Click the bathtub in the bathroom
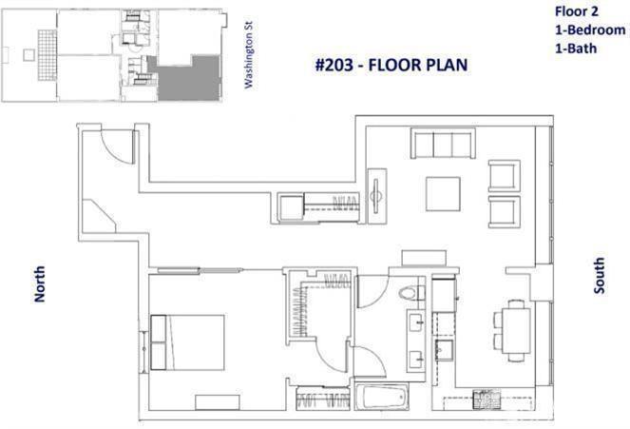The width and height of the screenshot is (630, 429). tap(382, 397)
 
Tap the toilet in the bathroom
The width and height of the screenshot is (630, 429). tap(409, 292)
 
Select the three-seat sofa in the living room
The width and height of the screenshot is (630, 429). tap(443, 143)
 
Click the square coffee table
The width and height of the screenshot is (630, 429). tap(443, 194)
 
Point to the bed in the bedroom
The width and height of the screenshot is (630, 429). tap(187, 342)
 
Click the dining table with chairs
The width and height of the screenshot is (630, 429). tap(511, 330)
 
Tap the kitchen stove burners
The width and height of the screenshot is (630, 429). tap(487, 399)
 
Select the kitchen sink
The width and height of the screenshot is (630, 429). tap(445, 350)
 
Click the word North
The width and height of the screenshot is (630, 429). tap(39, 283)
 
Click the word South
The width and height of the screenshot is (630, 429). tap(599, 276)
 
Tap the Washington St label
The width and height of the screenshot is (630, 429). tap(249, 54)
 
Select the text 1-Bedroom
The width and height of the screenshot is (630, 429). tap(590, 29)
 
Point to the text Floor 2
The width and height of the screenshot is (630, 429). tap(576, 11)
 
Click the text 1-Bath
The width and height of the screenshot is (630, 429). tap(575, 49)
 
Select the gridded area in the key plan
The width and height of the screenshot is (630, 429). tap(48, 55)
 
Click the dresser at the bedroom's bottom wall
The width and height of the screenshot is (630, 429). tap(218, 402)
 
